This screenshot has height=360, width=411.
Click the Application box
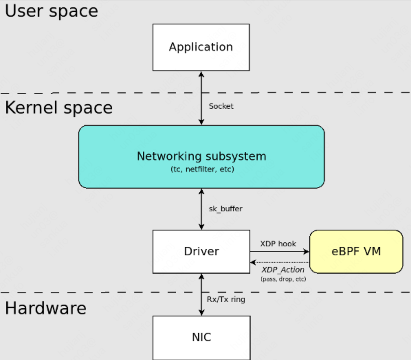tap(201, 47)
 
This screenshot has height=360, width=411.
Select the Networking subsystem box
tap(201, 157)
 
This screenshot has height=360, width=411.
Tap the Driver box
tap(201, 251)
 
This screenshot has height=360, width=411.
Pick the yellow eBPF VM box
tap(356, 251)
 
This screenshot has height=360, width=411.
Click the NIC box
tap(201, 337)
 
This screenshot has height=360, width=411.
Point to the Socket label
tap(221, 106)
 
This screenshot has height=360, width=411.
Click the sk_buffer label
tap(225, 209)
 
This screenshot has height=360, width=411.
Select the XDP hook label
tap(278, 244)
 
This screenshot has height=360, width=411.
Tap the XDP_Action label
tap(283, 270)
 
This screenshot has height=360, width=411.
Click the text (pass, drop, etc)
tap(283, 279)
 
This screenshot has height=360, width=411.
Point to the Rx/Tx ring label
tap(226, 299)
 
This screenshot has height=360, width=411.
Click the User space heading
tap(52, 11)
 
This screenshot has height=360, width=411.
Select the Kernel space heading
tap(59, 108)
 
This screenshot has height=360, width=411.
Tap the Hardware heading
tap(46, 308)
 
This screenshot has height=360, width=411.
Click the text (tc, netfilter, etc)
tap(202, 169)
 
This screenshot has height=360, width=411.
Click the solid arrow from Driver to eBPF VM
tap(279, 251)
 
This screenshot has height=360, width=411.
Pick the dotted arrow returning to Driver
tap(279, 262)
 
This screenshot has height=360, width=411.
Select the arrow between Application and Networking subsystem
tap(201, 98)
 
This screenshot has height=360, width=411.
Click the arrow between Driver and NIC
tap(201, 294)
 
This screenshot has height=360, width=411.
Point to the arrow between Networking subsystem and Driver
tap(201, 209)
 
